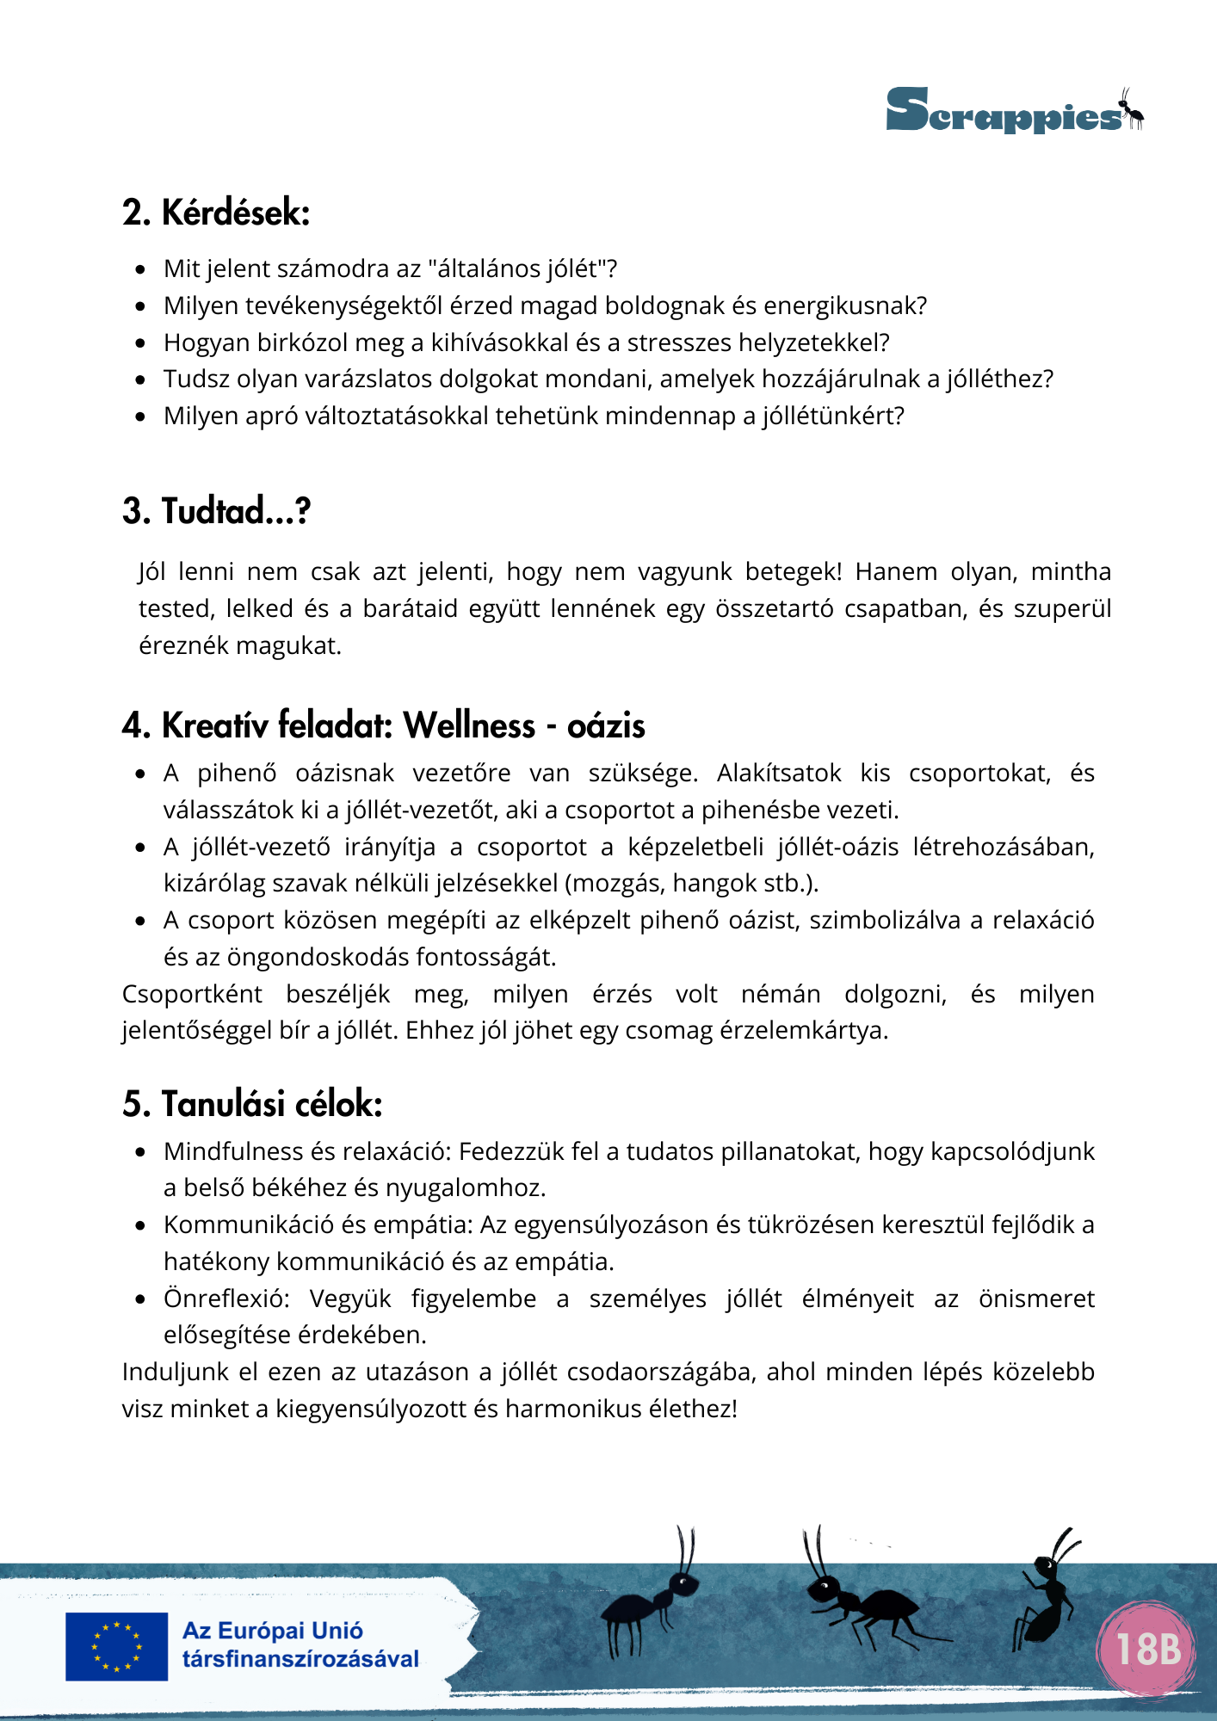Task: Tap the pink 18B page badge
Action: (1147, 1649)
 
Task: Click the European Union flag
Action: (117, 1646)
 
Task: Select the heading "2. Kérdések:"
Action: (216, 213)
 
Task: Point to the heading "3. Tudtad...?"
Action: (216, 511)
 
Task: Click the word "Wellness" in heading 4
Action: (469, 725)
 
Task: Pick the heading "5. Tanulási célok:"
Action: (252, 1104)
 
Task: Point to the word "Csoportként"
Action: (192, 994)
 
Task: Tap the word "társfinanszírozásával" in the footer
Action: (300, 1659)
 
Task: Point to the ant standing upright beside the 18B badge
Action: (1047, 1596)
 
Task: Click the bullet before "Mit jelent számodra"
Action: (141, 269)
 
